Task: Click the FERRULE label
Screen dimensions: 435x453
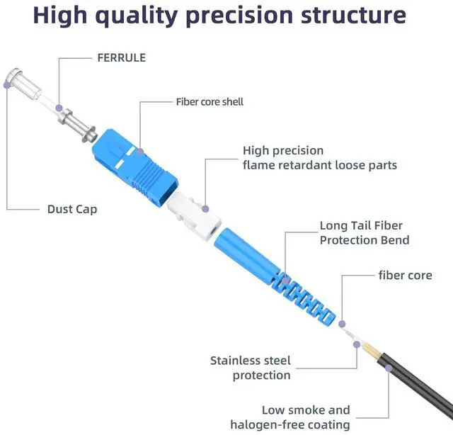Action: [x=121, y=57]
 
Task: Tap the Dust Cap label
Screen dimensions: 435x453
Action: [x=72, y=209]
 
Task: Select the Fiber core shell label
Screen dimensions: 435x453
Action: [x=210, y=102]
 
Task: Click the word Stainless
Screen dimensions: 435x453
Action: [x=240, y=361]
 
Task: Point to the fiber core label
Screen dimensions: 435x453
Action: [x=405, y=275]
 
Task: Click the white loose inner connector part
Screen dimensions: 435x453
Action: [x=195, y=216]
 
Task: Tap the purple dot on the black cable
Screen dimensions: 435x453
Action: [x=388, y=368]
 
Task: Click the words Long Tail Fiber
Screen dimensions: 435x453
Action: [x=361, y=226]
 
